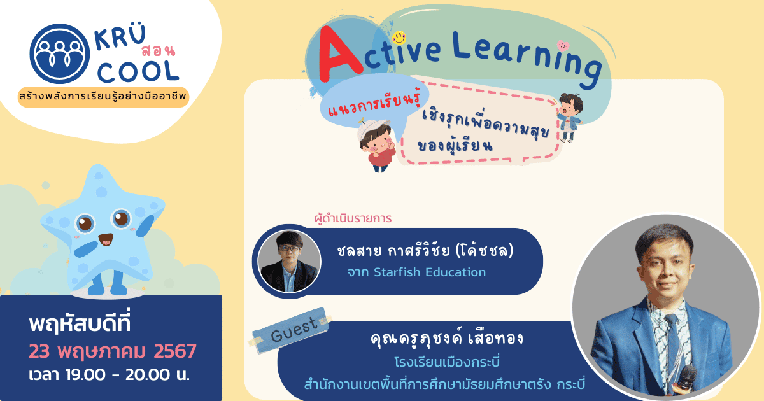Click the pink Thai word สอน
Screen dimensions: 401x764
click(x=156, y=50)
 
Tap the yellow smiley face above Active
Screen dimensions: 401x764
click(x=399, y=37)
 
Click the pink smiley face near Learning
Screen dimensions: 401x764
click(x=562, y=45)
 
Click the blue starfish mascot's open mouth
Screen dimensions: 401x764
click(x=105, y=240)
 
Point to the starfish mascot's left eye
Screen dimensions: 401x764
click(x=85, y=224)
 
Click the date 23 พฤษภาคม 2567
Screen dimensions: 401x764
click(x=112, y=351)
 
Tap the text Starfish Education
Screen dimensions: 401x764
click(x=429, y=272)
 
